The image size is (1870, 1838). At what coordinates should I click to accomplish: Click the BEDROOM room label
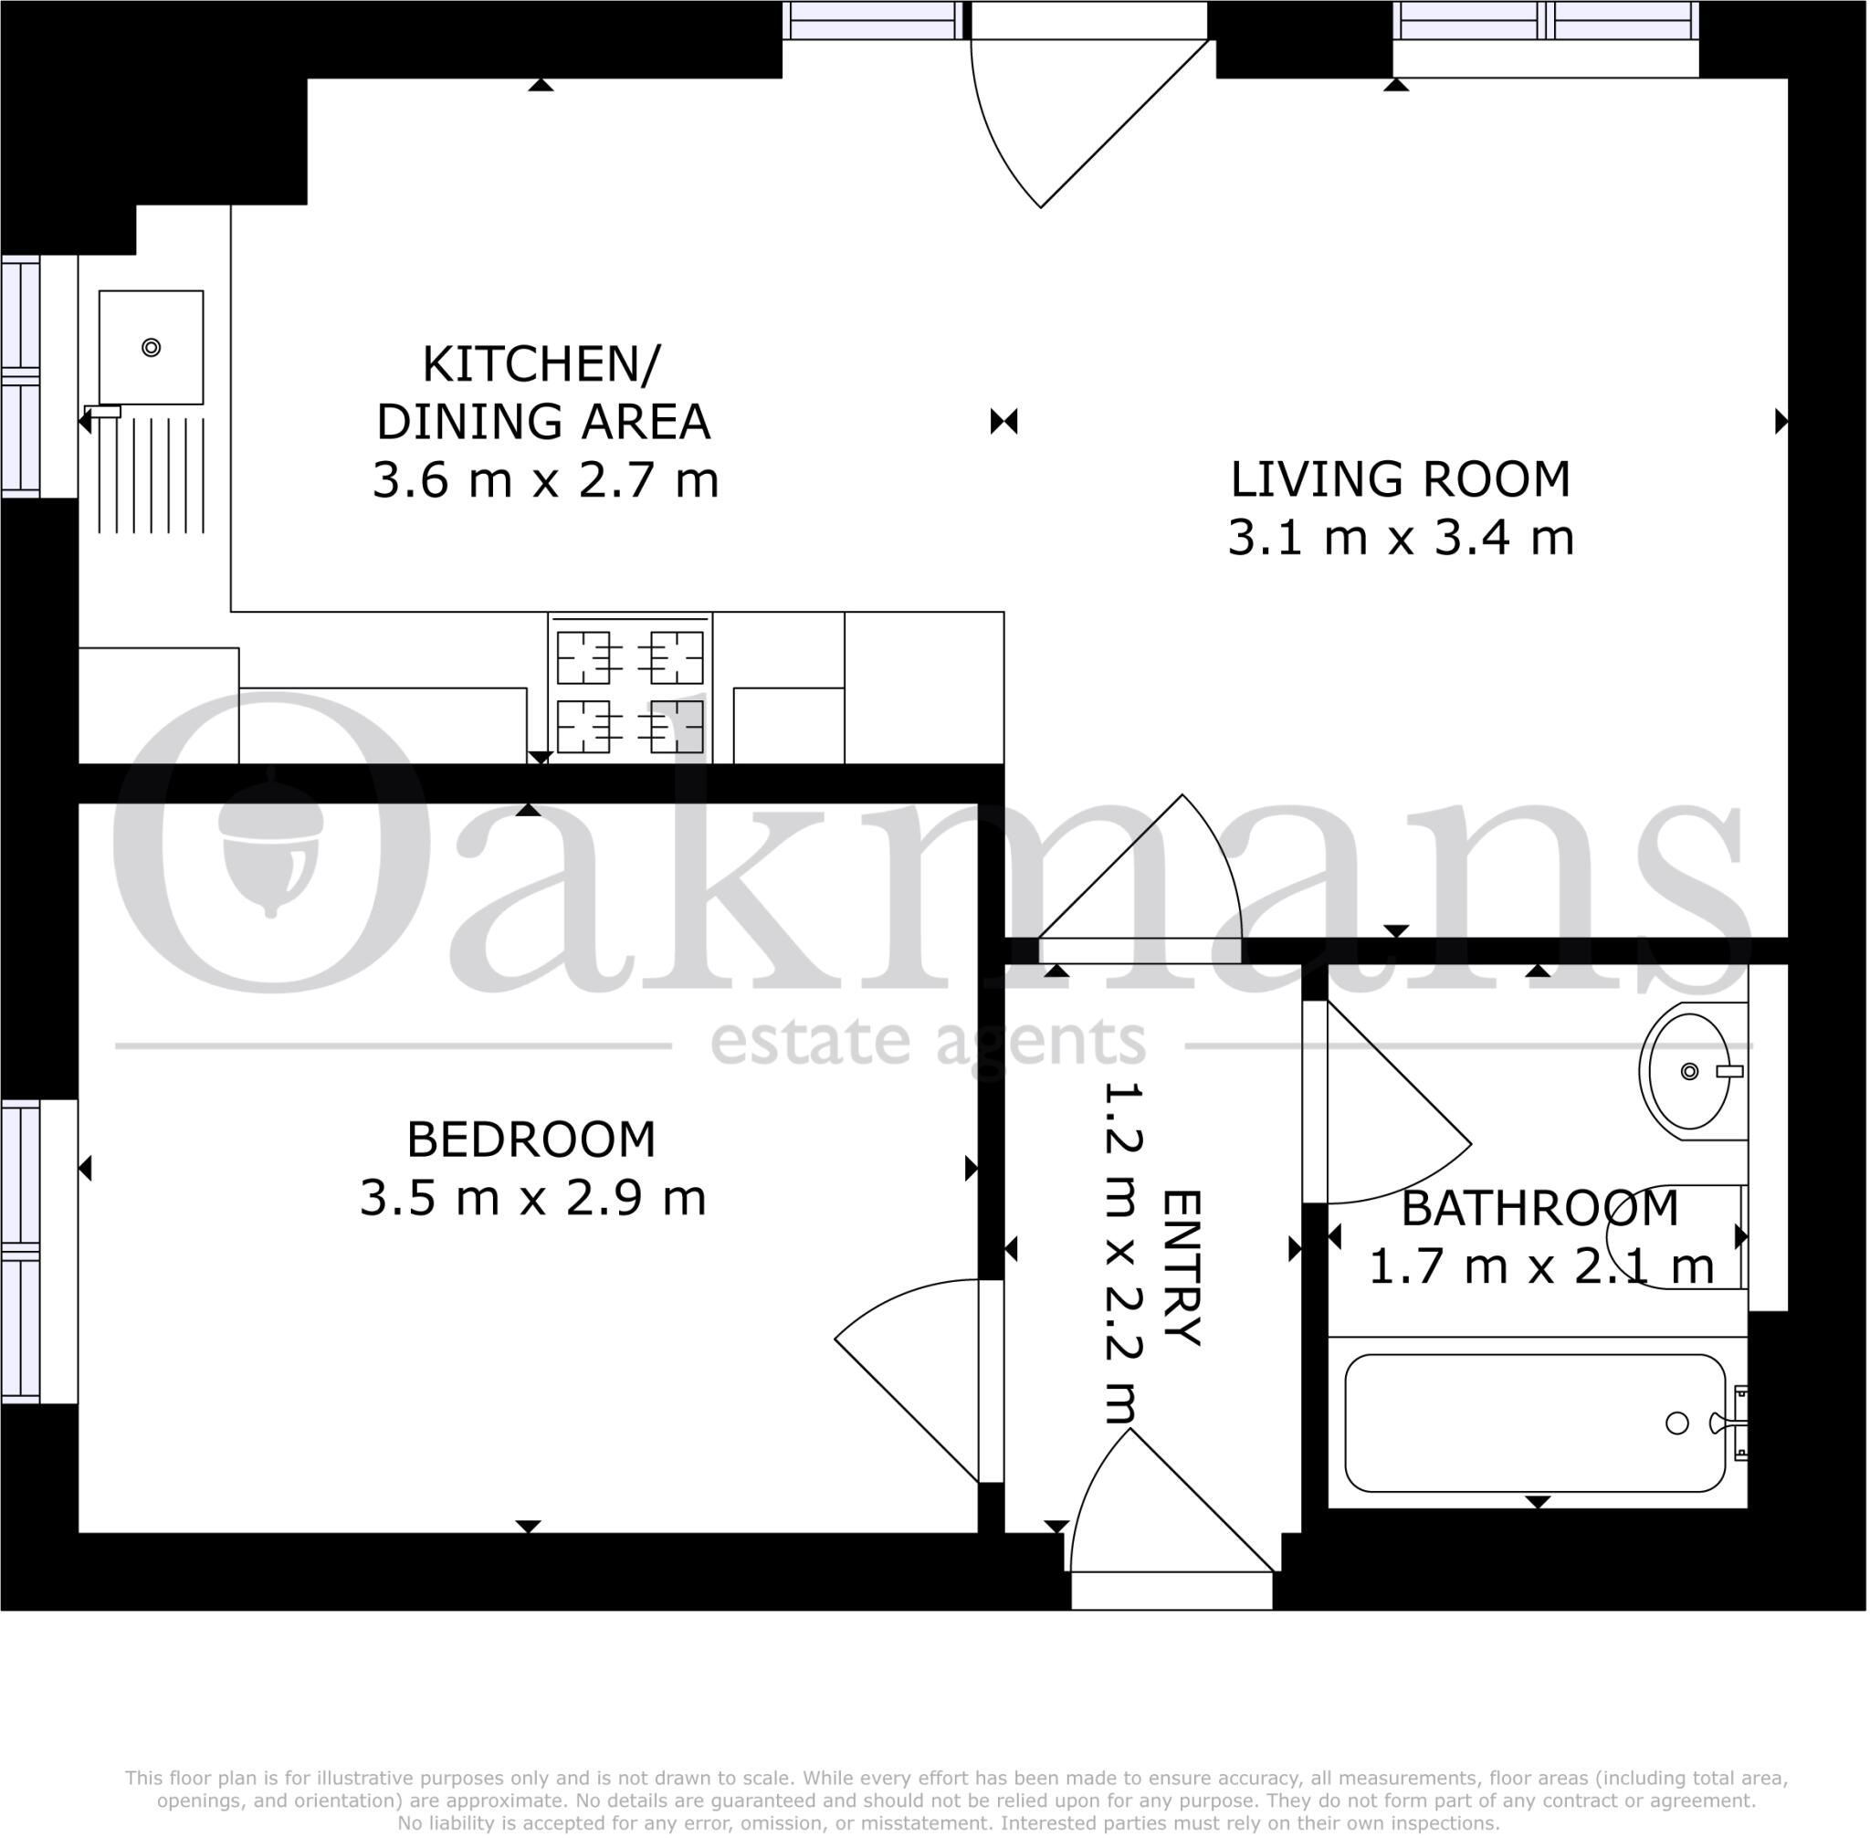531,1140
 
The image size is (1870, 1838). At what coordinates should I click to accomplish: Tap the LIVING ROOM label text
1400,479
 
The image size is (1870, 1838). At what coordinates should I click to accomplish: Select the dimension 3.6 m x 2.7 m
545,481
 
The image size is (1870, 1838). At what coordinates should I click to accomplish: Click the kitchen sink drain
151,348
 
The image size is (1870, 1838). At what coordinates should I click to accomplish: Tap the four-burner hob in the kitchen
629,691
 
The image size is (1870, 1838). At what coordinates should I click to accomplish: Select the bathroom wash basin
1688,1072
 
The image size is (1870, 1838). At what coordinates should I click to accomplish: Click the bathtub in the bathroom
1535,1423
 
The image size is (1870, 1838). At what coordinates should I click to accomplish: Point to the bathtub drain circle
1677,1423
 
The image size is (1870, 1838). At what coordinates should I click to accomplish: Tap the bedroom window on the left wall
21,1251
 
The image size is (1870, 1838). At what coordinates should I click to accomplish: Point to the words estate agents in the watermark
928,1043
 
